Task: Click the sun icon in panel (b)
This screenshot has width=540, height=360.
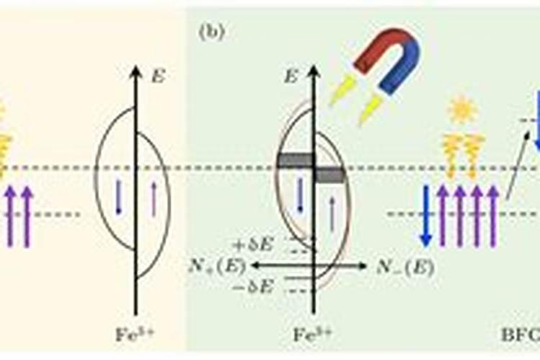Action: tap(461, 110)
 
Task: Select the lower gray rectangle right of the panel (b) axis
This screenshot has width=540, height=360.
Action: tap(331, 174)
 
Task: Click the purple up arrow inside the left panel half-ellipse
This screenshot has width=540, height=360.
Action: tap(152, 198)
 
